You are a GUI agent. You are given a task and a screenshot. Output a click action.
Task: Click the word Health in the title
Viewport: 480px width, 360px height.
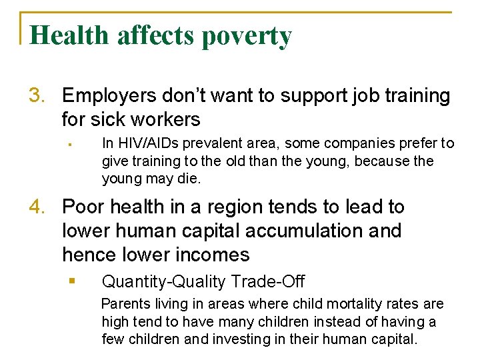(69, 35)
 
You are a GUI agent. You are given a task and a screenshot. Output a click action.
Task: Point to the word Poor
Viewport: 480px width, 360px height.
(83, 207)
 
